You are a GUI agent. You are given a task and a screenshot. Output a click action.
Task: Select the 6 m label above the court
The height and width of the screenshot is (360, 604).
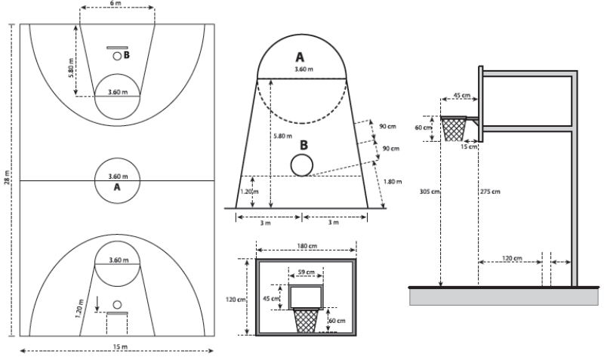click(117, 5)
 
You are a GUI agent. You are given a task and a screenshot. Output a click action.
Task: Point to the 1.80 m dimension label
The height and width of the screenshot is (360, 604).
click(393, 181)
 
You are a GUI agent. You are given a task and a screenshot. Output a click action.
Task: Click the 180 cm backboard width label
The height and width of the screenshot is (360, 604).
click(306, 245)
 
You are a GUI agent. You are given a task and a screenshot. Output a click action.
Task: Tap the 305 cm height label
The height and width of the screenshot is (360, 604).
click(431, 192)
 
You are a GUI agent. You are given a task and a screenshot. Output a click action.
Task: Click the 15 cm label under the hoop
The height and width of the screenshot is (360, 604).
click(469, 146)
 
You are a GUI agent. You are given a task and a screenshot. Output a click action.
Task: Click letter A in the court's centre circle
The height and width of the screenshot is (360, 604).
click(117, 187)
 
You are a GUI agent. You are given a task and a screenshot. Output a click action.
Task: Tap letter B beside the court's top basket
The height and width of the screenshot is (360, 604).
click(127, 55)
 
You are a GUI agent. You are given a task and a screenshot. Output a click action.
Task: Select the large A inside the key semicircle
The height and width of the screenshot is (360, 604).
click(300, 57)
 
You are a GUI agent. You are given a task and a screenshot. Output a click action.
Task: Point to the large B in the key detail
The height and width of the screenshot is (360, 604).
click(303, 144)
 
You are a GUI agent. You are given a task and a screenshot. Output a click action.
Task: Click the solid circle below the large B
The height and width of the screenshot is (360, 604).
click(301, 165)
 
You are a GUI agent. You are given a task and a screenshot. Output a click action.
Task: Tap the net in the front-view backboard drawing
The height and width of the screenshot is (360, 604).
click(307, 321)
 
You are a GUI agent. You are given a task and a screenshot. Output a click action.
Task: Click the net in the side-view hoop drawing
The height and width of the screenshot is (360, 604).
click(454, 130)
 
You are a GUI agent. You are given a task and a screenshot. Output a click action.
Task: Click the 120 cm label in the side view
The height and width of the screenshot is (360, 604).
click(512, 258)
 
